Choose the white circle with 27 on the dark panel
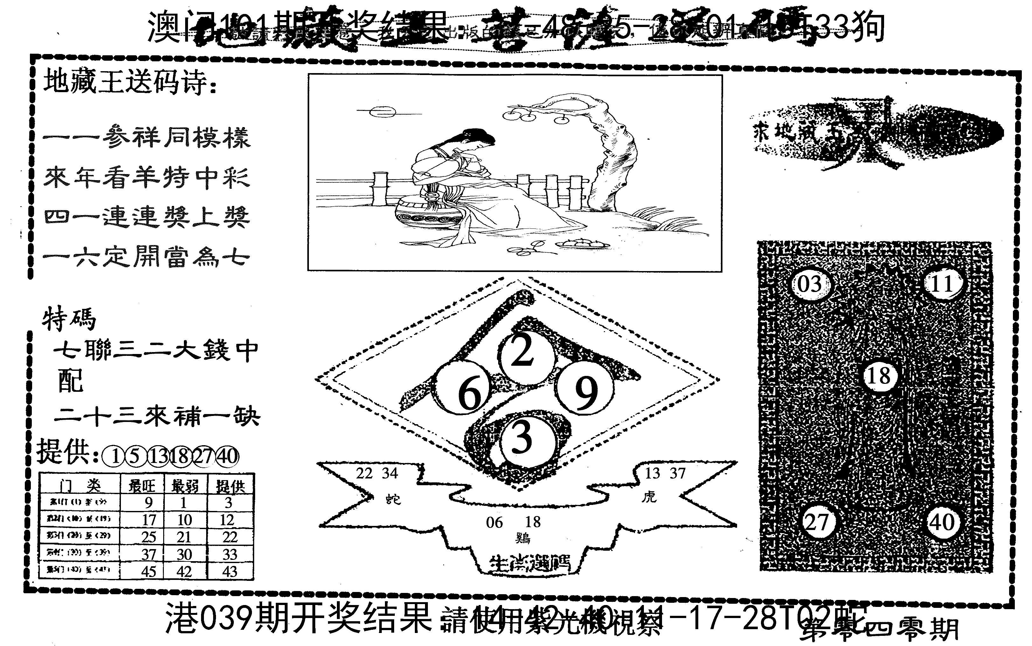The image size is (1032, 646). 817,522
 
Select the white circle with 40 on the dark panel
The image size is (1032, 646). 943,522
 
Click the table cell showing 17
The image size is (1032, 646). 149,520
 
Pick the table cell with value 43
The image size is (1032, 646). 230,571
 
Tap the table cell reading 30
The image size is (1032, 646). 184,554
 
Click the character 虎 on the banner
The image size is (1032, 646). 649,496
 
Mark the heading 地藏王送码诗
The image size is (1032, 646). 128,83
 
